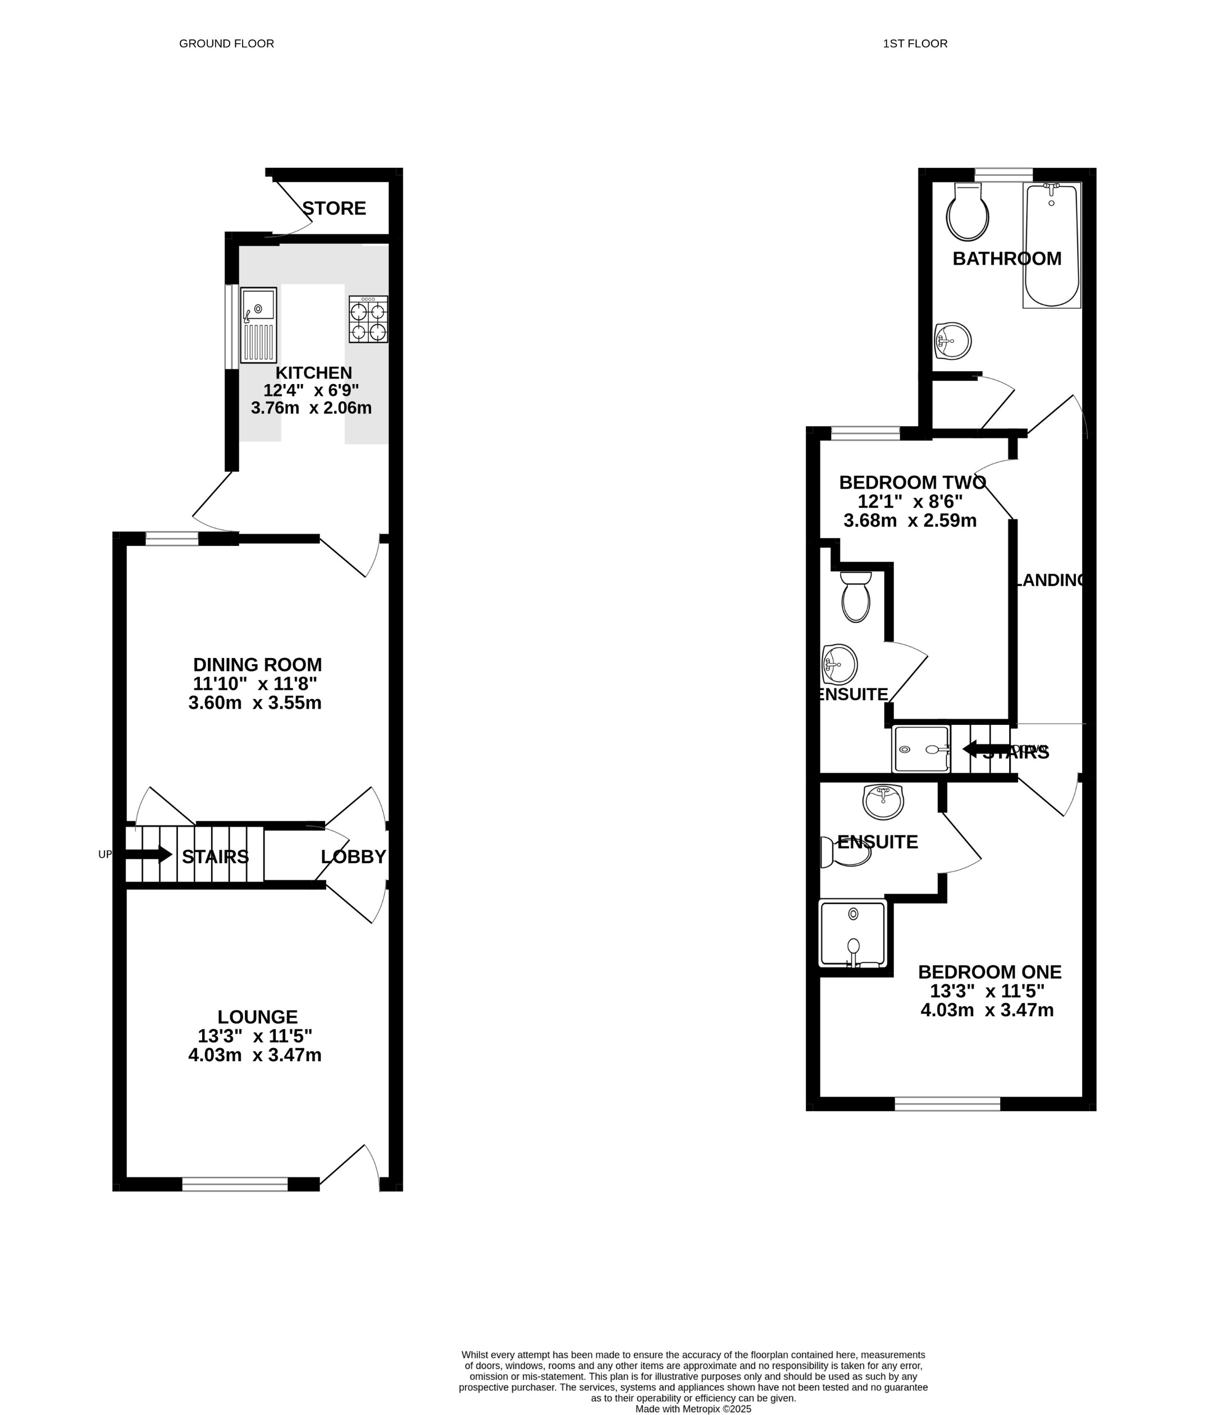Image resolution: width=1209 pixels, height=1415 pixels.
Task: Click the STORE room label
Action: click(x=334, y=208)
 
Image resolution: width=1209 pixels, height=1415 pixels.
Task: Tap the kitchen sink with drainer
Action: click(x=259, y=325)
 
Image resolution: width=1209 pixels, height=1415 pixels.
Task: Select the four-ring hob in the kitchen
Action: click(x=368, y=319)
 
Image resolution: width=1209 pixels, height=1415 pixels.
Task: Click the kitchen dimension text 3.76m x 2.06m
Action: click(x=312, y=408)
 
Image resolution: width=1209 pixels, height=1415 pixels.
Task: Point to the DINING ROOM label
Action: click(x=258, y=664)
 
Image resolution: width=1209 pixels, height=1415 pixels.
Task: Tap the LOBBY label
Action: click(x=353, y=856)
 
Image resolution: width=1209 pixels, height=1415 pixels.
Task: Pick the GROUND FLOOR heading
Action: click(x=226, y=44)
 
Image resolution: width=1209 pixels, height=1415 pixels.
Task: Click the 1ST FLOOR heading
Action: click(x=915, y=44)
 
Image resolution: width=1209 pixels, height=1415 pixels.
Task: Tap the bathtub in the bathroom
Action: click(x=1051, y=246)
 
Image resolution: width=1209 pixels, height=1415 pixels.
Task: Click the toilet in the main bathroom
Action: click(x=967, y=213)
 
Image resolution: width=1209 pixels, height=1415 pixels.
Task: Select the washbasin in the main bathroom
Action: click(x=953, y=341)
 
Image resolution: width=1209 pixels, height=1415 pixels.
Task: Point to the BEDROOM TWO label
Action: click(x=912, y=483)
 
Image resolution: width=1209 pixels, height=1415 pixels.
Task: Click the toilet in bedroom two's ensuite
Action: click(x=856, y=597)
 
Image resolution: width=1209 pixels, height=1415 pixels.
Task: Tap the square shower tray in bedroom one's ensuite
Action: click(x=853, y=934)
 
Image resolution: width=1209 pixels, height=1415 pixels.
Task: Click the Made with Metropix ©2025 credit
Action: click(x=694, y=1409)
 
